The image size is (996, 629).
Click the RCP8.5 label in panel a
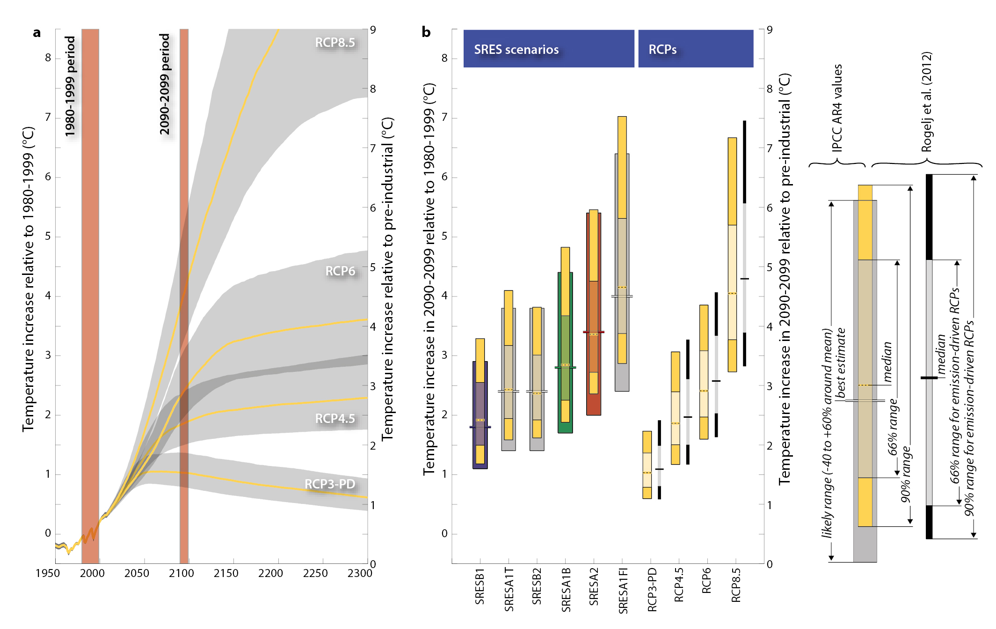334,43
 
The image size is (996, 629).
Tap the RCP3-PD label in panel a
329,484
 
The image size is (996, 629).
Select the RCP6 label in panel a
340,271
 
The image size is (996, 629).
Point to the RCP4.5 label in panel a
334,418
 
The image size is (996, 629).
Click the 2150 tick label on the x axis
226,573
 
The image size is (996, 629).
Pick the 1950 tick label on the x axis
47,573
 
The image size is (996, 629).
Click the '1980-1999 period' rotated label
70,87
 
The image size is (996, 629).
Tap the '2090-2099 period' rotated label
165,84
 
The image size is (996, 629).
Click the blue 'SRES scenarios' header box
548,49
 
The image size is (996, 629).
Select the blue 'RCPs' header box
695,49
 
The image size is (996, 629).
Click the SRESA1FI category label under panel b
623,590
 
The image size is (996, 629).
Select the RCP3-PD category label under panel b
652,589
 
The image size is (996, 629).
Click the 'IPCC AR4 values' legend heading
837,108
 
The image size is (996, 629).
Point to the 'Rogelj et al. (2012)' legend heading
926,102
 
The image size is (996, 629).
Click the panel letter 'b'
426,32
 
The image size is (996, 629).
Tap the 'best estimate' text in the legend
841,363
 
